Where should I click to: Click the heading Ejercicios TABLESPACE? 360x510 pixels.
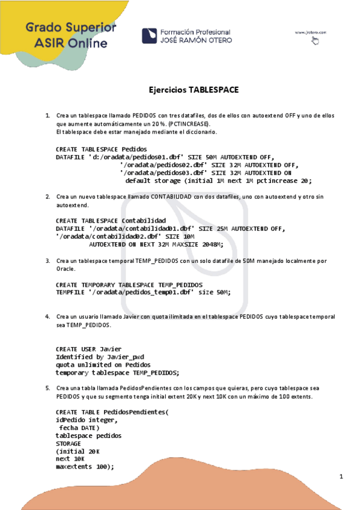pos(194,90)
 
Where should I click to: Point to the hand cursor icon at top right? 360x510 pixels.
pos(316,40)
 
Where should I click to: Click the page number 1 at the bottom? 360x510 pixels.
pos(341,477)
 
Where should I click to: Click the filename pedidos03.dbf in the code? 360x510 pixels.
pos(162,172)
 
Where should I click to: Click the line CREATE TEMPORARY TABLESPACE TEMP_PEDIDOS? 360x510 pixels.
pos(129,284)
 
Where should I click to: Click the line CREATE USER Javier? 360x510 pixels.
pos(88,349)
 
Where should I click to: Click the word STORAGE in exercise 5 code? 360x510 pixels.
pos(68,443)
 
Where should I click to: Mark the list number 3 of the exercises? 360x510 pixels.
pos(48,261)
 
